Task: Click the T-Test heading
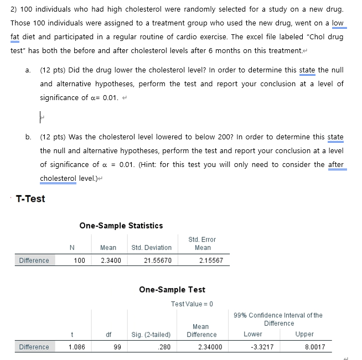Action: pos(30,199)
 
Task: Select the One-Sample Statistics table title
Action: pos(121,226)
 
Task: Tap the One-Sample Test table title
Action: pos(172,290)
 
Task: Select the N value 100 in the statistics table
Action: pos(80,260)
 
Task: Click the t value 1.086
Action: pos(76,347)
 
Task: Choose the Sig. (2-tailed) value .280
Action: pos(164,347)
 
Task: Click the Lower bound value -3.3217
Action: pos(253,347)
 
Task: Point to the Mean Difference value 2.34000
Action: pos(201,347)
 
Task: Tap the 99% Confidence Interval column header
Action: pos(278,319)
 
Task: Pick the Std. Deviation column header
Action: pos(152,247)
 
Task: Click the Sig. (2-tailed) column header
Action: pos(151,335)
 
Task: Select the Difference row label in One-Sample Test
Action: pos(34,347)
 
